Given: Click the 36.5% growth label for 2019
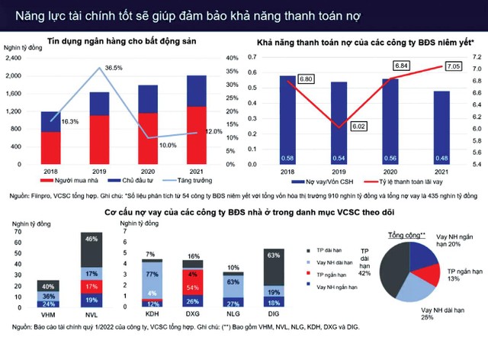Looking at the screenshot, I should pos(114,68).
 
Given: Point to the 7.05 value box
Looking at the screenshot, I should pos(447,67).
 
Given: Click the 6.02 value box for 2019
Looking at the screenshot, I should pos(358,127).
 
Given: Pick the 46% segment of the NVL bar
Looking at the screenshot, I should pos(91,239).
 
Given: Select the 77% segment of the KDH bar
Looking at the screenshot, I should pos(151,272).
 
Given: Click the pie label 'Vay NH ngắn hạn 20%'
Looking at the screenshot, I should pos(453,240).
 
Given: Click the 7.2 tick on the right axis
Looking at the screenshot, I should pos(479,58).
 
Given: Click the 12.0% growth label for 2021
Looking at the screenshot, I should pos(214,132).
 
